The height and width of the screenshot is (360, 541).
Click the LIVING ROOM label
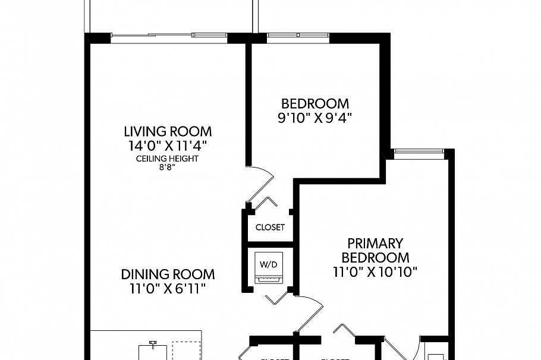[167, 131]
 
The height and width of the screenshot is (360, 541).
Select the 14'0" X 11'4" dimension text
[167, 145]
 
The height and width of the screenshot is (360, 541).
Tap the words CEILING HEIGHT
[167, 159]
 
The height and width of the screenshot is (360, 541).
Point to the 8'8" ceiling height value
[167, 168]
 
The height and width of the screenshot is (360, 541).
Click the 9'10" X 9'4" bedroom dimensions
[315, 118]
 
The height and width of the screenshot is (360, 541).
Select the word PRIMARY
[375, 244]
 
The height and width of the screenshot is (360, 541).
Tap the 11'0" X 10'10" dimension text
[375, 273]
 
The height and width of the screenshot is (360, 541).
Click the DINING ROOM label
[168, 274]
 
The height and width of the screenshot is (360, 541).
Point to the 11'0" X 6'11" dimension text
[168, 289]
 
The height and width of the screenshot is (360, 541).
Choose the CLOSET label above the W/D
[270, 227]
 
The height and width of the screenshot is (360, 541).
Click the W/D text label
[266, 262]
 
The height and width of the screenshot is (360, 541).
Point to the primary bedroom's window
[419, 153]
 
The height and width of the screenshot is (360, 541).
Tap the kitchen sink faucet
[153, 343]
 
